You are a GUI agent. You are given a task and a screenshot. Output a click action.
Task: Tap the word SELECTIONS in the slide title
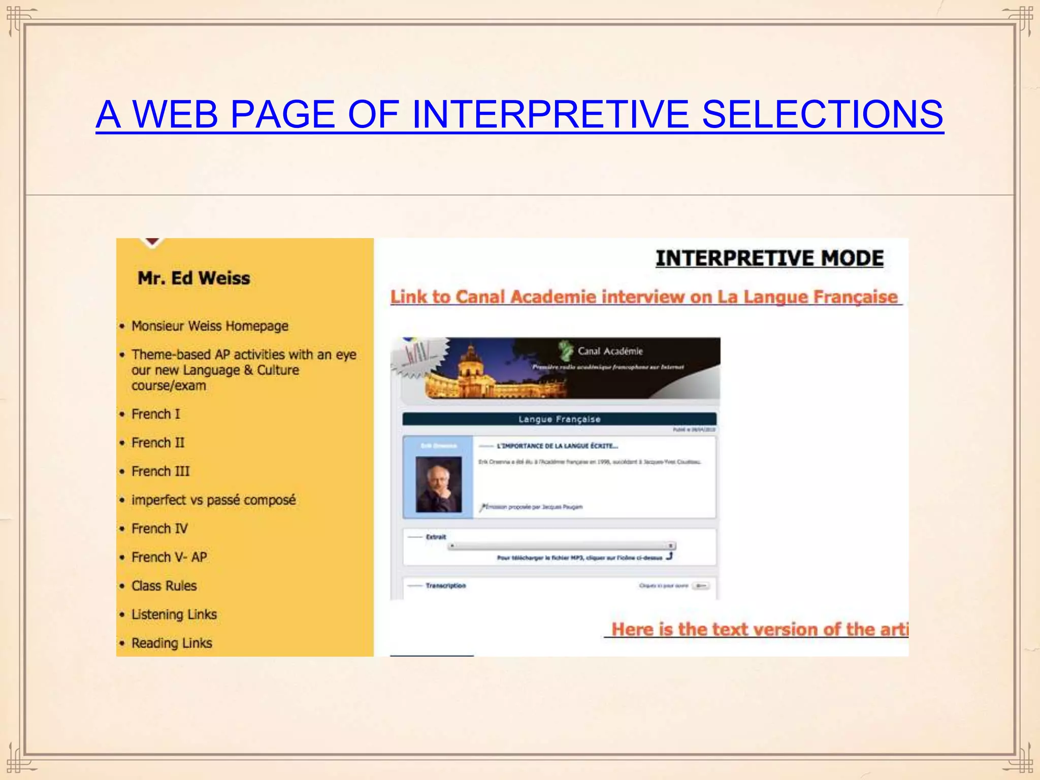point(822,114)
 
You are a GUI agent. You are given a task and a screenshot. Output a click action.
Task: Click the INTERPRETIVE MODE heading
point(769,258)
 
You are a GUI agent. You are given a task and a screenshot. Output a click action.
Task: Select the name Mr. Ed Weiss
point(193,278)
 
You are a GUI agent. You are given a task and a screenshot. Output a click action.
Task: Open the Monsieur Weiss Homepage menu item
point(210,326)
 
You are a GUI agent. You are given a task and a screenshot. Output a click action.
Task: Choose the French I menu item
point(155,414)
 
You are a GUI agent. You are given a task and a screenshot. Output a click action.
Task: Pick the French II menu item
point(158,443)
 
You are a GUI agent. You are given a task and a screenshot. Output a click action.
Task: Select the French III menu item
point(160,471)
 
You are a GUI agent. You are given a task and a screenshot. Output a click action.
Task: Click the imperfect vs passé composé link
point(213,500)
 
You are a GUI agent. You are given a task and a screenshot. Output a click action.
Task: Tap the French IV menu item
point(159,529)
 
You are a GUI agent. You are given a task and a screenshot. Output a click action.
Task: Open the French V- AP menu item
point(169,557)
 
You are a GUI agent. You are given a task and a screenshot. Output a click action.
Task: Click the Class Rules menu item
point(164,586)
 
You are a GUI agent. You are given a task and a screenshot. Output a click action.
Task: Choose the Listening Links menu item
point(174,614)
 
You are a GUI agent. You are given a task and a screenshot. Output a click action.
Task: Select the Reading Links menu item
point(172,643)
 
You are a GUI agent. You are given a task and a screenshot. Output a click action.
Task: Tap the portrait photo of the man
point(439,483)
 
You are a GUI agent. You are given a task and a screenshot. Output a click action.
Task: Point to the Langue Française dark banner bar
point(559,419)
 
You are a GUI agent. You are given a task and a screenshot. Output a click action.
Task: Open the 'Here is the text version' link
point(759,629)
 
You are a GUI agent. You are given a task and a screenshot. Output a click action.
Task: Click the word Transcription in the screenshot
point(445,586)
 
